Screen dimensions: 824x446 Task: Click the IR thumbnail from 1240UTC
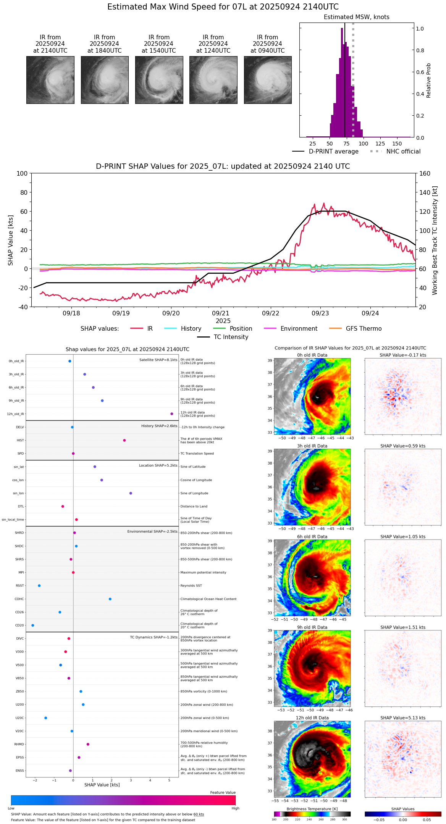click(213, 80)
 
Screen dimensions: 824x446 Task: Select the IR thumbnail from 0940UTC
click(268, 80)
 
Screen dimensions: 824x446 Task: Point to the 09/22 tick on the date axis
click(271, 313)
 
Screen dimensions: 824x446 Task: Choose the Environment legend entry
click(299, 329)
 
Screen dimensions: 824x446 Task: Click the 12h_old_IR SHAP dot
click(172, 414)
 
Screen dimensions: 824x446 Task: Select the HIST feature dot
click(124, 440)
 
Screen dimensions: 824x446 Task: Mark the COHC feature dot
click(110, 599)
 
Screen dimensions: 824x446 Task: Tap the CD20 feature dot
click(33, 625)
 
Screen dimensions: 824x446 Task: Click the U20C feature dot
click(46, 718)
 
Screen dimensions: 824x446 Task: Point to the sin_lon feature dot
click(131, 493)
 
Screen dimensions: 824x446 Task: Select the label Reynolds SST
click(191, 586)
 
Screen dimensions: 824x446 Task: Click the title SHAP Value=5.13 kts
click(403, 718)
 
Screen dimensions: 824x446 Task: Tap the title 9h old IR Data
click(312, 627)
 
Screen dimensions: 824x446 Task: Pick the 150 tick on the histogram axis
click(397, 144)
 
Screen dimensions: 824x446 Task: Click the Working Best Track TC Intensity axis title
click(435, 241)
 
